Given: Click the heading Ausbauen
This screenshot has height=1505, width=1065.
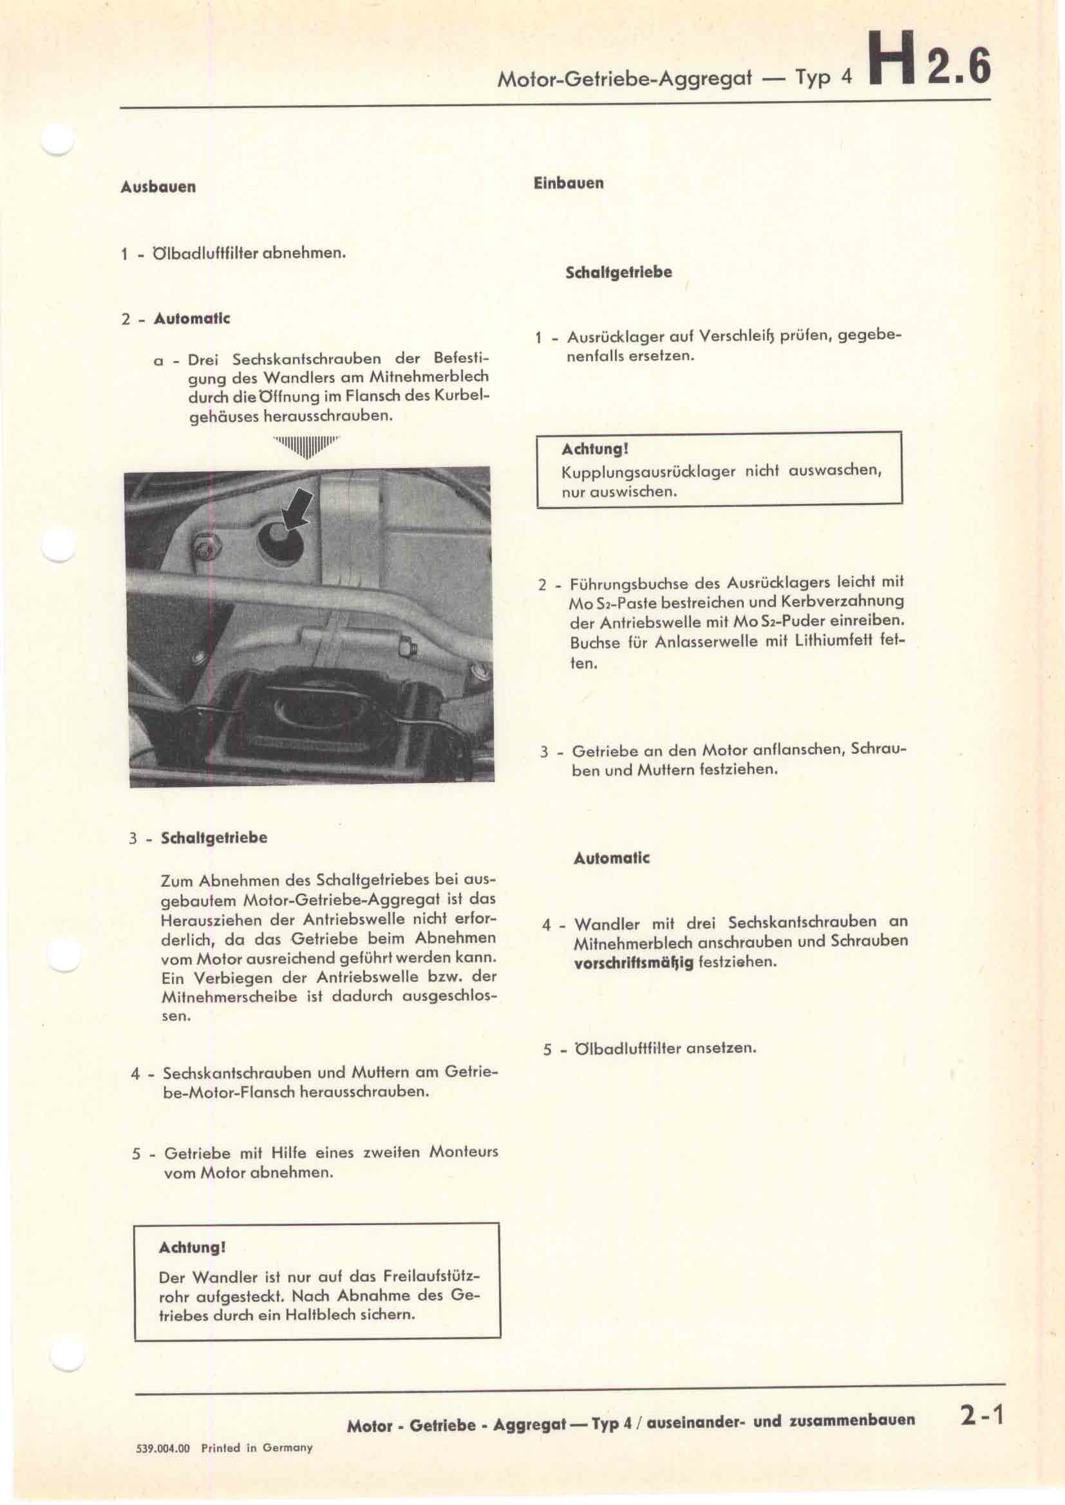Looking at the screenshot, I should tap(158, 187).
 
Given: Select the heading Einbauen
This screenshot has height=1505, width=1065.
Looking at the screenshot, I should tap(569, 183).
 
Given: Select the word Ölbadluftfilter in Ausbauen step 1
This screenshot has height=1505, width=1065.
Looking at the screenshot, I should tap(205, 253).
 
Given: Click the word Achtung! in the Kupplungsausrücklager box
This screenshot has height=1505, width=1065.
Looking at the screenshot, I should tap(595, 449).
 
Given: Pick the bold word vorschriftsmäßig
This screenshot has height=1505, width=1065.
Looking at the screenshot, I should tap(634, 963).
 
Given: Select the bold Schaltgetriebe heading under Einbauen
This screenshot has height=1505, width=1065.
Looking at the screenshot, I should tap(618, 272).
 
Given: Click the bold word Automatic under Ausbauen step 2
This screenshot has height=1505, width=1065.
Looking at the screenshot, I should tap(191, 319).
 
